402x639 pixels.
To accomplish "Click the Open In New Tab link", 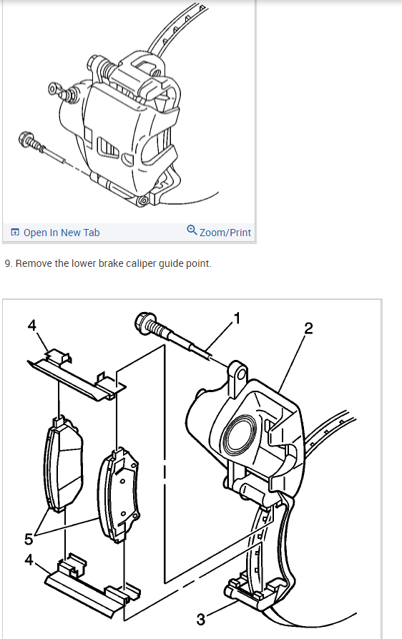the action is (x=62, y=233).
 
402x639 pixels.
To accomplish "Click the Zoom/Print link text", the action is (x=225, y=233).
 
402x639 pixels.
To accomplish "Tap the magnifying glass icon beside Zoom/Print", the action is (x=192, y=230).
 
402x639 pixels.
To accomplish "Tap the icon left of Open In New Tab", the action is (x=15, y=233).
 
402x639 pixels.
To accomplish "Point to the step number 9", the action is (x=8, y=263).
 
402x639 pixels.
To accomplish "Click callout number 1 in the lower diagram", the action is (x=237, y=318).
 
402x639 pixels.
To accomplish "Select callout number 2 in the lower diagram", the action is (x=308, y=328).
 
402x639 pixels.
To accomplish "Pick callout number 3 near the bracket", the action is (x=200, y=620).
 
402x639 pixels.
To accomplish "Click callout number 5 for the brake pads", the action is (x=28, y=539).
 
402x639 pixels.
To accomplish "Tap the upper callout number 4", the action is (x=31, y=325).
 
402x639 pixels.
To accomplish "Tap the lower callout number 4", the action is (x=29, y=560).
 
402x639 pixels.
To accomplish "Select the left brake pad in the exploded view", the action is (x=62, y=464).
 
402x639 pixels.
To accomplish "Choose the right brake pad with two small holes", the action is (x=119, y=494).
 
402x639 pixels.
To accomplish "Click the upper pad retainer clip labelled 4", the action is (x=77, y=376).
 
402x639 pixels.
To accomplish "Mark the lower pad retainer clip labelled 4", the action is (x=92, y=585).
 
